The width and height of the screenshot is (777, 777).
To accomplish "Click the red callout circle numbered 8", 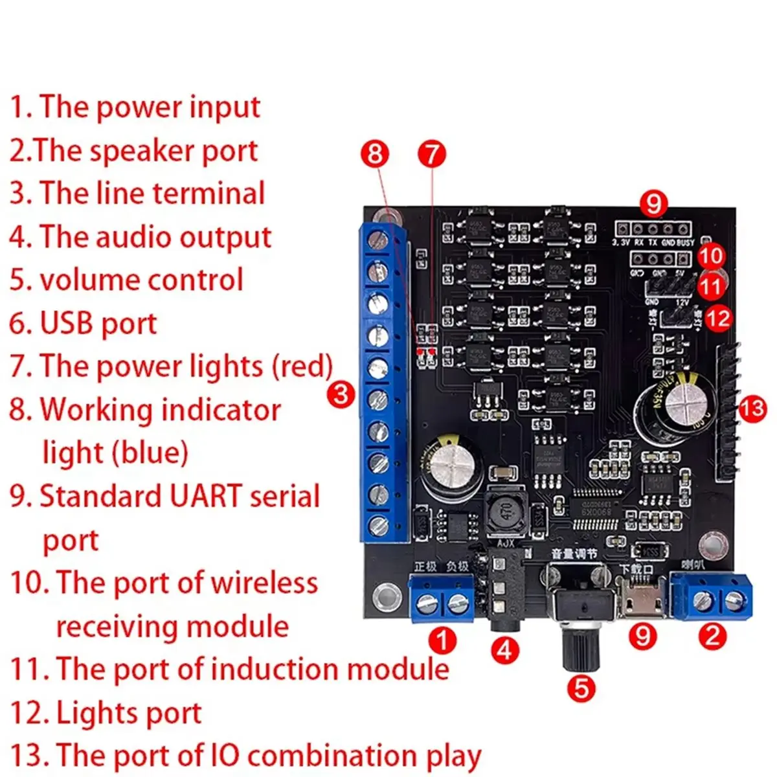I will pos(375,154).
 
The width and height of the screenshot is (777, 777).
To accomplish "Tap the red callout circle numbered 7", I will pos(432,154).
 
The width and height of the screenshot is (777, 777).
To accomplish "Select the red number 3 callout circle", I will pos(341,394).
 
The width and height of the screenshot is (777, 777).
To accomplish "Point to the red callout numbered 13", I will pos(752,409).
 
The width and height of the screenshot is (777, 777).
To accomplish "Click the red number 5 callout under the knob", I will pos(581,687).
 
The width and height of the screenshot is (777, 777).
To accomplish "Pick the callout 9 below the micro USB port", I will pos(642,636).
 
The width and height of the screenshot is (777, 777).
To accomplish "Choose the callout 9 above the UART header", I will pos(653,203).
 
